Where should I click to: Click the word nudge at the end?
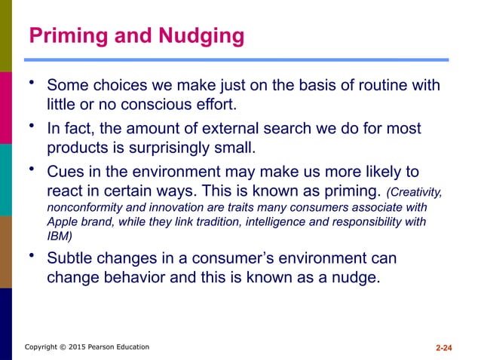pos(353,277)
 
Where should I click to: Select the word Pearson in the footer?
pos(105,347)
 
